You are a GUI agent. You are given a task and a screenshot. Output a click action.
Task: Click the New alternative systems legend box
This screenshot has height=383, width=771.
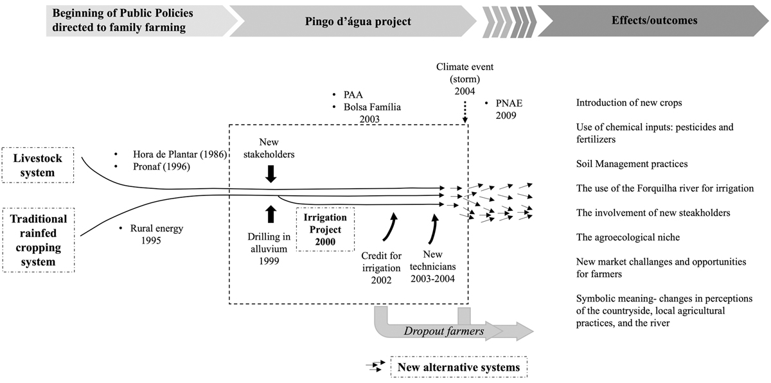click(x=459, y=368)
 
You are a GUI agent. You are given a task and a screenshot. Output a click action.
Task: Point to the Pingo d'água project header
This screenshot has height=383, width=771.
click(x=357, y=21)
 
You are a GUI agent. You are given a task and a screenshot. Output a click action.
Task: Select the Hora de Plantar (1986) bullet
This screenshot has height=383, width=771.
click(x=177, y=154)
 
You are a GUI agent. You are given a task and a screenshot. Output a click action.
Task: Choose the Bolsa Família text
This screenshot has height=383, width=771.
click(x=370, y=107)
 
